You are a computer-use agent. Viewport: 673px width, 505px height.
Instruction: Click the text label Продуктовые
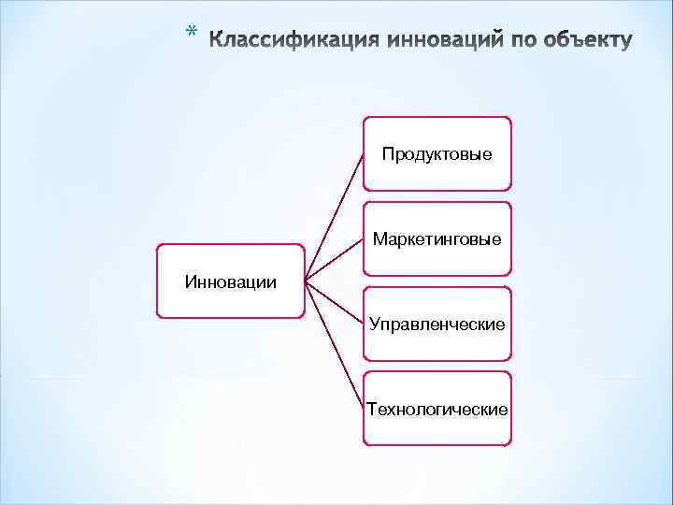(x=437, y=153)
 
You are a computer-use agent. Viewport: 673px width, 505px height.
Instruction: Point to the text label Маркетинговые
(x=437, y=238)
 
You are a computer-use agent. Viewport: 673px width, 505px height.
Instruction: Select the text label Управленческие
(x=437, y=324)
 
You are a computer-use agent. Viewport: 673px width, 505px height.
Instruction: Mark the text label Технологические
(x=437, y=409)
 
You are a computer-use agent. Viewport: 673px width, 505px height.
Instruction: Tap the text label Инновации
(x=230, y=281)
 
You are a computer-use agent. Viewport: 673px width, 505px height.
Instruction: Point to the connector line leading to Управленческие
(x=334, y=301)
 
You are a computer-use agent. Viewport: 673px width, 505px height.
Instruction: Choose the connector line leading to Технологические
(x=334, y=343)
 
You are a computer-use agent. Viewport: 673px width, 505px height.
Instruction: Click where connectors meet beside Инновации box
(x=307, y=281)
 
